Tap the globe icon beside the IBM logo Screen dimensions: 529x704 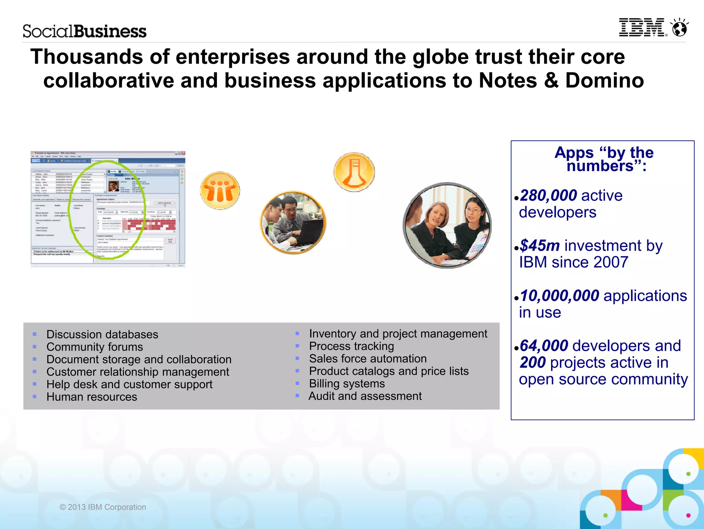680,28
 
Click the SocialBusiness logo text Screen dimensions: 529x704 85,31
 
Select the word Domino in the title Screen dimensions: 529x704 604,81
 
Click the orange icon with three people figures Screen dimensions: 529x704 220,190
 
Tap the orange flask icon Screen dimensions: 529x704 354,172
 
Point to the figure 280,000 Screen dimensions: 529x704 548,195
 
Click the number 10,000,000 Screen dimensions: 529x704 560,296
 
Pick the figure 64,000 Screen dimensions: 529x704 544,346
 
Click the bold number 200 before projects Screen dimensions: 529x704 532,362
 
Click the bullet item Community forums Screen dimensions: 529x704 95,347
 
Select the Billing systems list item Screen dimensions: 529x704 347,383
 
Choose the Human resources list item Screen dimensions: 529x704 92,397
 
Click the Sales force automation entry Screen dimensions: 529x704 368,359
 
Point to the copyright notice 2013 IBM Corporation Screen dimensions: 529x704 103,507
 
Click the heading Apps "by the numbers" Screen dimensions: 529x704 604,159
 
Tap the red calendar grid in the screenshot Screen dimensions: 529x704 151,225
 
